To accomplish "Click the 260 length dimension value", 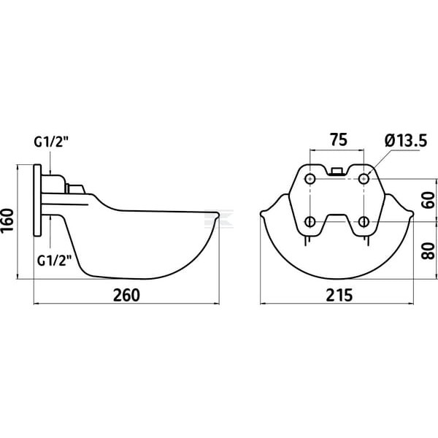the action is coord(126,295).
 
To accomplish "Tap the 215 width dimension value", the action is coord(339,295).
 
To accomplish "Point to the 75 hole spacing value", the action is coord(339,139).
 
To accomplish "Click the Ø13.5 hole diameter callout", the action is coord(406,140).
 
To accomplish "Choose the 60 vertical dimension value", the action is coord(429,200).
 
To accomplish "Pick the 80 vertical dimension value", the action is coord(429,251).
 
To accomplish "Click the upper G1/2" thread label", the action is coord(51,142).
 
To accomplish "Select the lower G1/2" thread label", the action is coord(55,261).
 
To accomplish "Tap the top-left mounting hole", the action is coord(310,179).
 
